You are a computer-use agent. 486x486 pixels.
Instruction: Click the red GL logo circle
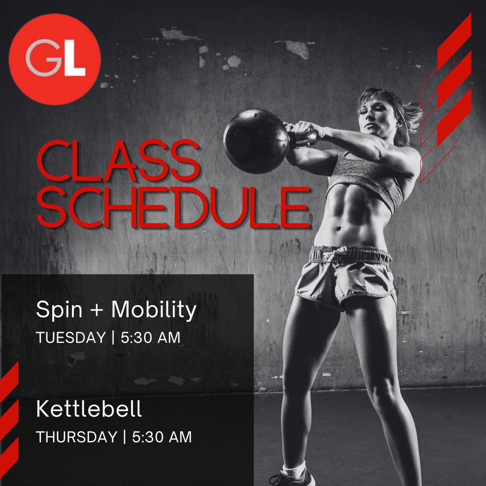(x=54, y=59)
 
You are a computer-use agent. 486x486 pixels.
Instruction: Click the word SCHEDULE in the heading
(x=174, y=207)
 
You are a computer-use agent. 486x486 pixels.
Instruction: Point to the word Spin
(x=59, y=310)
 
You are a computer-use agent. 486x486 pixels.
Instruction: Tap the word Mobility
(x=154, y=310)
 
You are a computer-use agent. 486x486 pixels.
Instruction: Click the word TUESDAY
(x=71, y=337)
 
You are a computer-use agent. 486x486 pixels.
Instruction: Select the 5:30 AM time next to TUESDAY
(x=150, y=337)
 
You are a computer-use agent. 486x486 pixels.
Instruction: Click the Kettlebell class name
(x=89, y=409)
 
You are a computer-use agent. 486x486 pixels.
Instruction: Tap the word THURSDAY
(x=77, y=437)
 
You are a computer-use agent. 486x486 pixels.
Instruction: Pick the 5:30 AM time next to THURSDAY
(x=162, y=437)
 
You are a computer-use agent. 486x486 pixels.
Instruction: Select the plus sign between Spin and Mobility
(x=97, y=310)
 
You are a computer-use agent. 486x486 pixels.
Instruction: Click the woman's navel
(x=339, y=229)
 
